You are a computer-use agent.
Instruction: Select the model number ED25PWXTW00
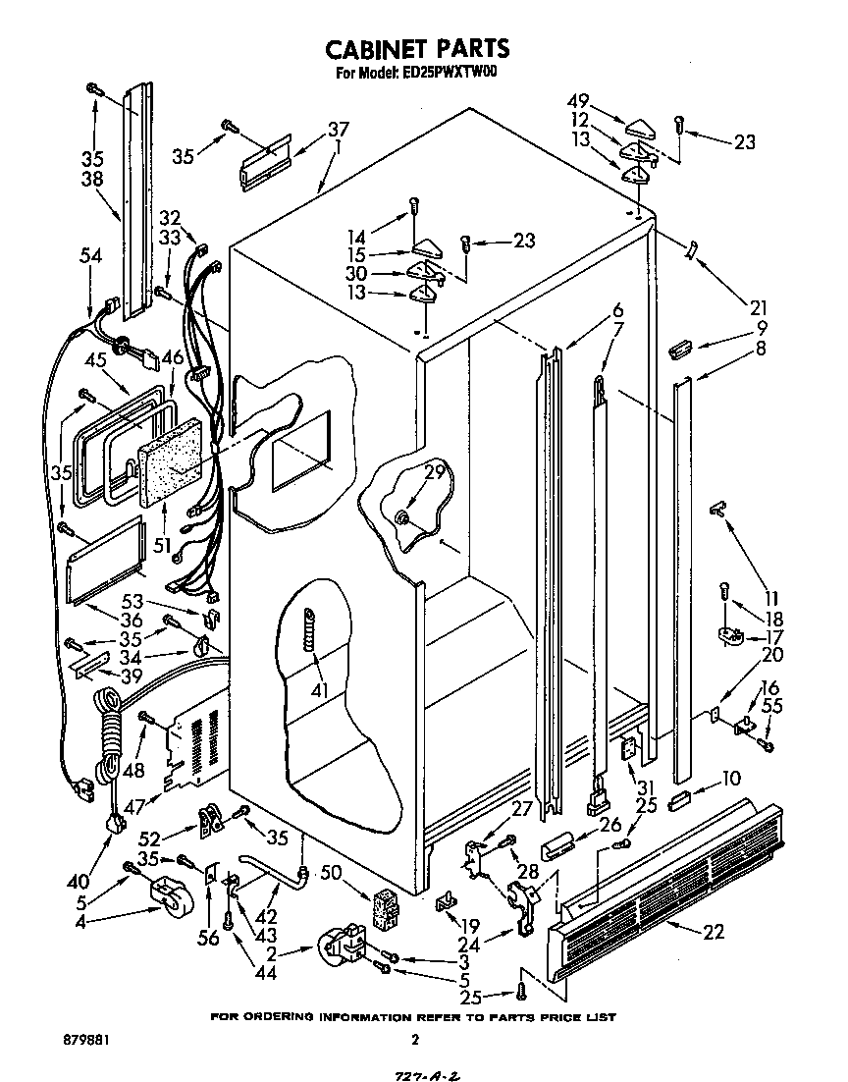[450, 73]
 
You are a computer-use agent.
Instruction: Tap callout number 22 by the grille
[714, 931]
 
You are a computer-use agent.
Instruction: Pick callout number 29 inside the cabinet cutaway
[435, 473]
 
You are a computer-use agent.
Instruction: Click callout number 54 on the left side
[90, 255]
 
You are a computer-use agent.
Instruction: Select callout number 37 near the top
[338, 129]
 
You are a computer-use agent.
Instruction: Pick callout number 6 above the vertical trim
[617, 310]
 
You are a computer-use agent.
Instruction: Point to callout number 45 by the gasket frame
[95, 359]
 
